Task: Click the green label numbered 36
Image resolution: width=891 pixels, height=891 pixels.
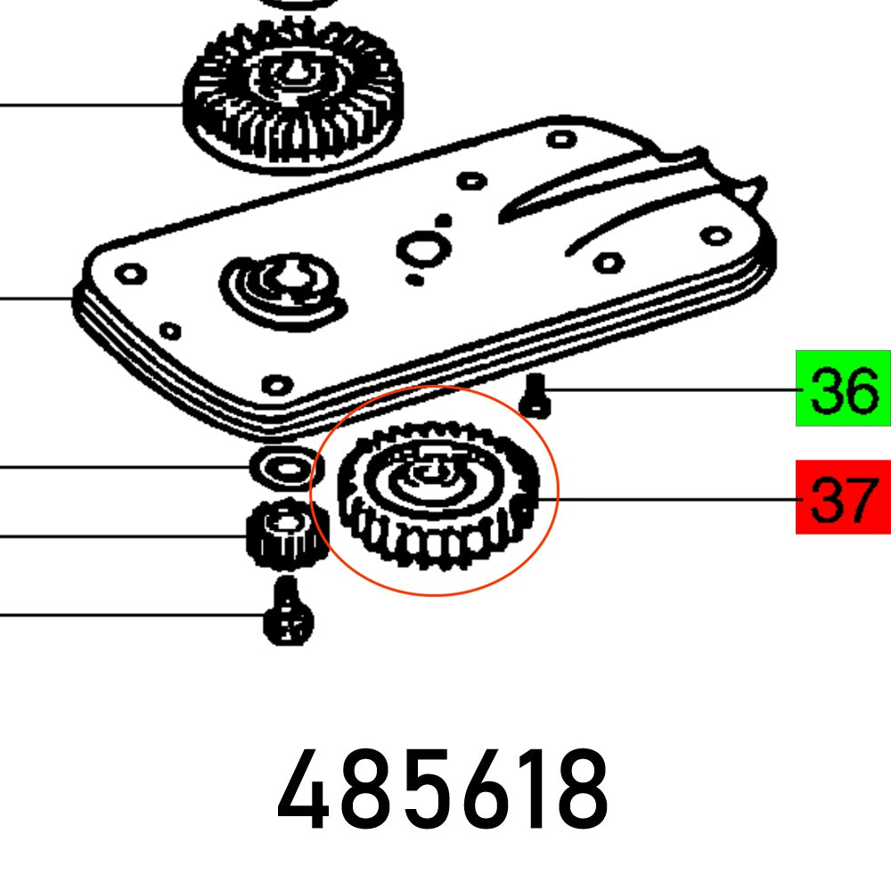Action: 842,388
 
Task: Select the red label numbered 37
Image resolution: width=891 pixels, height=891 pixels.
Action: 842,497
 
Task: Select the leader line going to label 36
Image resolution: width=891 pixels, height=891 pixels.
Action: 668,389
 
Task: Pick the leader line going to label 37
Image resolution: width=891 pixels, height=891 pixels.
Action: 668,499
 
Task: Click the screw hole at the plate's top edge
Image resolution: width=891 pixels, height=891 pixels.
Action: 559,139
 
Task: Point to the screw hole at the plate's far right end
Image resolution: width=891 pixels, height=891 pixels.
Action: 716,235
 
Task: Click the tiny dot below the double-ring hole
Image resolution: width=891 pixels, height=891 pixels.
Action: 414,280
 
